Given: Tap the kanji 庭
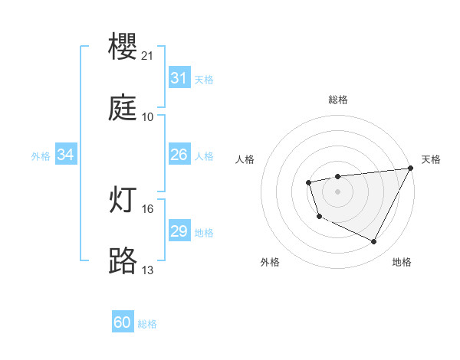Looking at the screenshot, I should click(123, 107).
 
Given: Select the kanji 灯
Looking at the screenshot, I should click(123, 199).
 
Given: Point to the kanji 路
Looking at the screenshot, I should click(123, 260).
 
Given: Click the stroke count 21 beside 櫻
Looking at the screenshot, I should click(148, 56).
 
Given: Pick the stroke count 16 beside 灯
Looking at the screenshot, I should click(148, 208).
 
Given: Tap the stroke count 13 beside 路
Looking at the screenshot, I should click(148, 270).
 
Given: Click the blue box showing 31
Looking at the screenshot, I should click(179, 78).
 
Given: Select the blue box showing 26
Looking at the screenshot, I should click(179, 155).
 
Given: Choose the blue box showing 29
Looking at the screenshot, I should click(179, 231).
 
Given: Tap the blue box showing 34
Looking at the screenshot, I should click(66, 155).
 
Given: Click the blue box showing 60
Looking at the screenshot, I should click(123, 322).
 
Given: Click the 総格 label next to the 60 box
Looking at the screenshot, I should click(148, 324).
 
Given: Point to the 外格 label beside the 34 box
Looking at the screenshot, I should click(41, 156).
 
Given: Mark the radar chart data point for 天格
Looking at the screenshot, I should click(411, 169).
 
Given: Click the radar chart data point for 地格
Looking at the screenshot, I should click(374, 242).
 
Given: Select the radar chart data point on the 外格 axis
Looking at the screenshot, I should click(319, 217).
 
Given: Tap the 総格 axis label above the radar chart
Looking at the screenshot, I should click(338, 100).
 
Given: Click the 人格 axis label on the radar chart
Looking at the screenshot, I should click(245, 159).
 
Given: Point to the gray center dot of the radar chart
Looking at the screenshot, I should click(337, 191).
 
